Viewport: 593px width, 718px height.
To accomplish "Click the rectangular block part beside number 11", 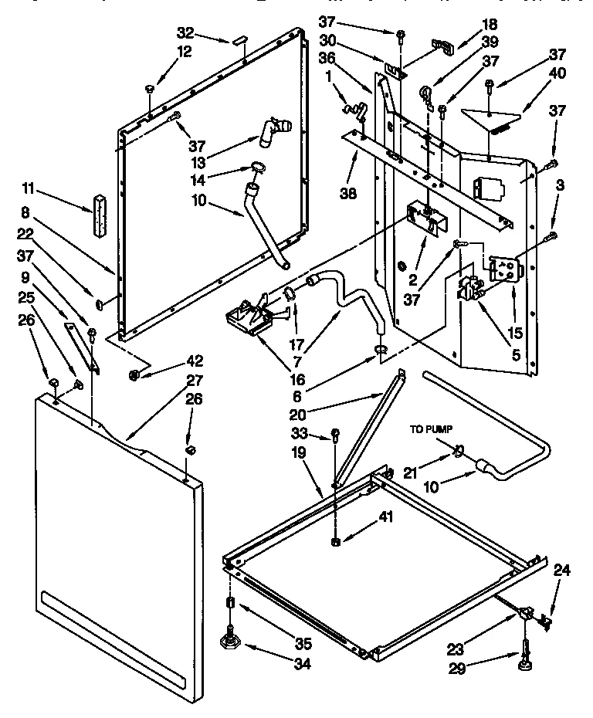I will [99, 212].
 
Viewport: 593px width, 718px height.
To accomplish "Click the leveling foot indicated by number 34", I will [229, 640].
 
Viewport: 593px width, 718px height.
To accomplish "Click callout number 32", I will [185, 32].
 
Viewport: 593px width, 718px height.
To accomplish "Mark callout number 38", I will [348, 193].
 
